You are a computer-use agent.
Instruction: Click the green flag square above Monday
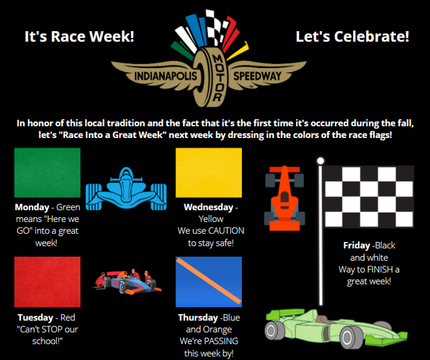(47, 173)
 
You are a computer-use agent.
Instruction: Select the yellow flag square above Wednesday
(208, 173)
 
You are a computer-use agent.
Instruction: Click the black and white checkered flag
(369, 196)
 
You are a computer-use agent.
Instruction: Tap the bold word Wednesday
(208, 207)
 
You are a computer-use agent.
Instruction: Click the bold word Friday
(356, 246)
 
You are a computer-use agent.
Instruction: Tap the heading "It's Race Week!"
(79, 36)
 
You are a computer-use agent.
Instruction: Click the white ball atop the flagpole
(320, 161)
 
